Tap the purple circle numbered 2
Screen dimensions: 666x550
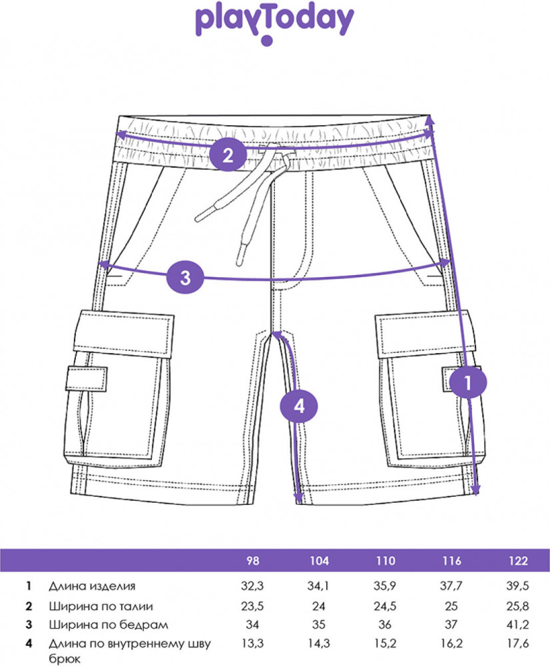point(228,157)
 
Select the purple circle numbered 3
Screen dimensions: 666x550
point(186,277)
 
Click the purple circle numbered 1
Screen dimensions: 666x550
point(467,383)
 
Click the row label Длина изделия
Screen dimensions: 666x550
point(92,587)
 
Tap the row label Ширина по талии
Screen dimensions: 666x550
point(101,606)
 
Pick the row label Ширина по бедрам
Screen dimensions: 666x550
point(104,625)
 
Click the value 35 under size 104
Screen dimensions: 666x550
point(320,625)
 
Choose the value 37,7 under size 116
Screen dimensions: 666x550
point(451,587)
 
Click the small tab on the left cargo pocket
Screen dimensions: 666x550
point(86,379)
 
